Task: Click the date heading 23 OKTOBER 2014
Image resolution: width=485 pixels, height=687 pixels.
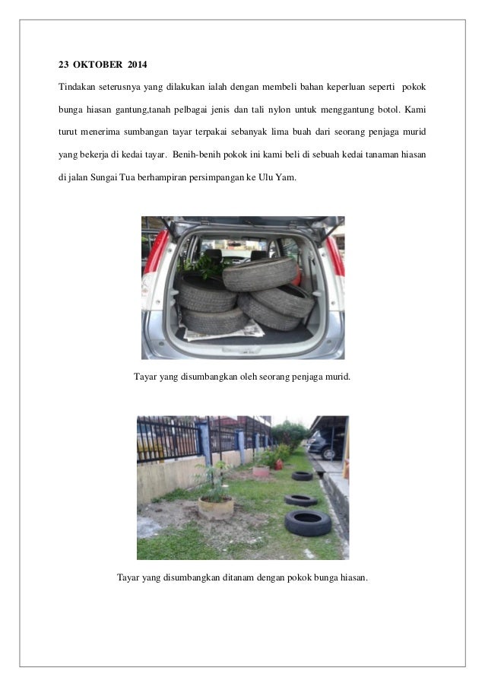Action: [x=104, y=60]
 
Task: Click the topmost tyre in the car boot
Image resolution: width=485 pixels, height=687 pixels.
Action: [x=258, y=272]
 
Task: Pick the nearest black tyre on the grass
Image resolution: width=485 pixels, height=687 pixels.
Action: [x=308, y=522]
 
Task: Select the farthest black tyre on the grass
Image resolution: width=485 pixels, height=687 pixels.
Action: [x=303, y=476]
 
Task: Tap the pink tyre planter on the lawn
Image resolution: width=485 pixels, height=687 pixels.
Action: [x=261, y=471]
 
